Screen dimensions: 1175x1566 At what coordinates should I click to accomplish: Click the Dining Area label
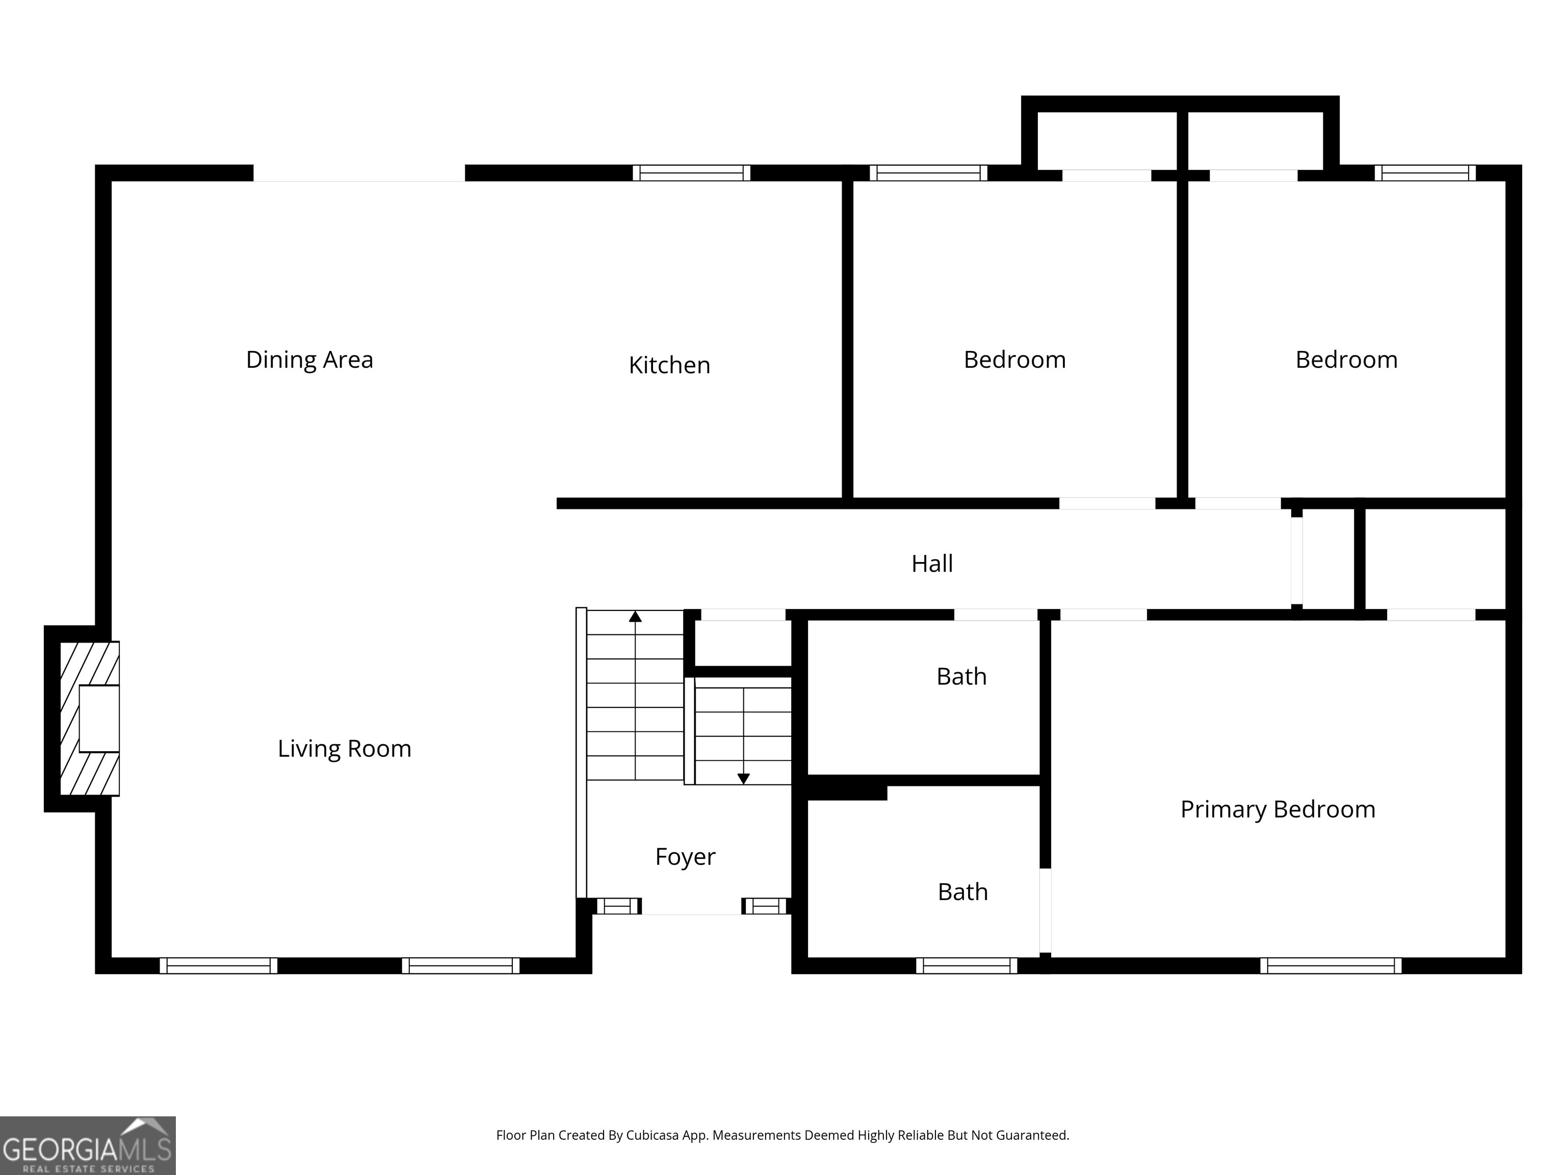(309, 360)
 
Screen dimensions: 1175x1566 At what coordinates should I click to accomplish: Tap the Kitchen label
(669, 366)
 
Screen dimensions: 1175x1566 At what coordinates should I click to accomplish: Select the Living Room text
(344, 749)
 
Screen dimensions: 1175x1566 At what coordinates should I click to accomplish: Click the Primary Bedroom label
(1277, 809)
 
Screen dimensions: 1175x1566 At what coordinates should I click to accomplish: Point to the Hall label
(932, 564)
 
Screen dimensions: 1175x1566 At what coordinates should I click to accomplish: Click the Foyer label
(685, 857)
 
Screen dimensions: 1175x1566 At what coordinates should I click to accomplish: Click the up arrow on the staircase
(635, 617)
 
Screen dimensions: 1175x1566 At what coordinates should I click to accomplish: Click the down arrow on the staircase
(743, 778)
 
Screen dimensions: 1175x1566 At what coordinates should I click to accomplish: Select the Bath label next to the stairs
(961, 677)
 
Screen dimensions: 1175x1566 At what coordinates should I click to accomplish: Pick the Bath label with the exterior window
(962, 892)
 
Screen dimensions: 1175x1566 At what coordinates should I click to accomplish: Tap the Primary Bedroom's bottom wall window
(1330, 965)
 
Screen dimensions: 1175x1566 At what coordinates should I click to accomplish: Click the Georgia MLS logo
(87, 1145)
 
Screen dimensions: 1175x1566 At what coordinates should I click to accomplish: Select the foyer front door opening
(691, 907)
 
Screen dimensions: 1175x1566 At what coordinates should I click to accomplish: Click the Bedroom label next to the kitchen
(1014, 360)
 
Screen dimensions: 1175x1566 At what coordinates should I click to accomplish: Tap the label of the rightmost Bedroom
(1346, 360)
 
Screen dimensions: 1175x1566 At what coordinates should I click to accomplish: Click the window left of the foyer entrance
(618, 906)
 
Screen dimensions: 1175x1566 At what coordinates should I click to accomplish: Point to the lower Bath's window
(967, 965)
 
